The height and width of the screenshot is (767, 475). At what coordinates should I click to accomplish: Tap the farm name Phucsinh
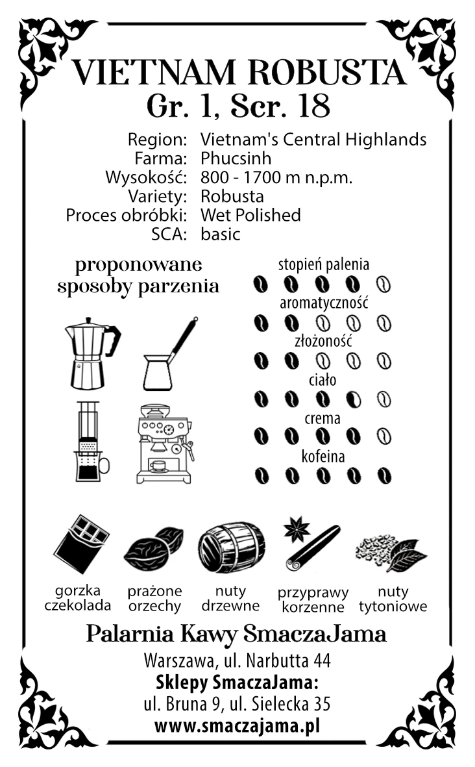(x=236, y=158)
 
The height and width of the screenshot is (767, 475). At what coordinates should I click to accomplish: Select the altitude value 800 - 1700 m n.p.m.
(x=276, y=177)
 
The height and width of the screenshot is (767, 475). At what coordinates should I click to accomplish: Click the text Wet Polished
(x=250, y=215)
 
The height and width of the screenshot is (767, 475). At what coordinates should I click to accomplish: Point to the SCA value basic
(x=220, y=234)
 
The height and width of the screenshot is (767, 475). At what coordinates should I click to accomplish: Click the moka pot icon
(x=91, y=353)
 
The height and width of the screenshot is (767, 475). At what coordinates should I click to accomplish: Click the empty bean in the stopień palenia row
(x=384, y=284)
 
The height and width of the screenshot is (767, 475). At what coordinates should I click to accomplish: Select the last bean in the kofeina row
(x=384, y=475)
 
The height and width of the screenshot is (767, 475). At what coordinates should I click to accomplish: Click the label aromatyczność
(x=324, y=303)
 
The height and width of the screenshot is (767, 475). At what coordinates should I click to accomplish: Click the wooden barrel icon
(x=231, y=547)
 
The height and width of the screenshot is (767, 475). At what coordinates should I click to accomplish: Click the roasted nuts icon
(x=154, y=549)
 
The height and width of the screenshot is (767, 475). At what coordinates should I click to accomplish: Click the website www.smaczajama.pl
(x=237, y=725)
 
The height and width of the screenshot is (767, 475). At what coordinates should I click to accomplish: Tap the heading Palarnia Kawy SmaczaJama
(x=236, y=633)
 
